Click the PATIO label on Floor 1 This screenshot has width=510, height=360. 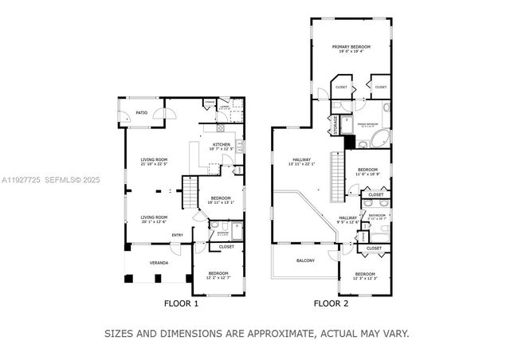pos(141,113)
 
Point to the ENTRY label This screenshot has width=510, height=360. pos(177,235)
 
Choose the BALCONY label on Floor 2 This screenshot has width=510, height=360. pos(305,260)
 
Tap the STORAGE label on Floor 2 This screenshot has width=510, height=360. pos(336,124)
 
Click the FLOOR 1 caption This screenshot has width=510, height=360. pos(181,303)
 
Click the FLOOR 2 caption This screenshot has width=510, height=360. pos(330,303)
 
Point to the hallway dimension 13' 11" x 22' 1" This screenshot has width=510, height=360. pos(302,164)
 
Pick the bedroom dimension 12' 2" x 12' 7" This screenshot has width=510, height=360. pos(214,278)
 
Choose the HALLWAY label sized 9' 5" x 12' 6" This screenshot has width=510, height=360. pos(347,221)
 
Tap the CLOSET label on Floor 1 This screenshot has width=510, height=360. pos(227,247)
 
